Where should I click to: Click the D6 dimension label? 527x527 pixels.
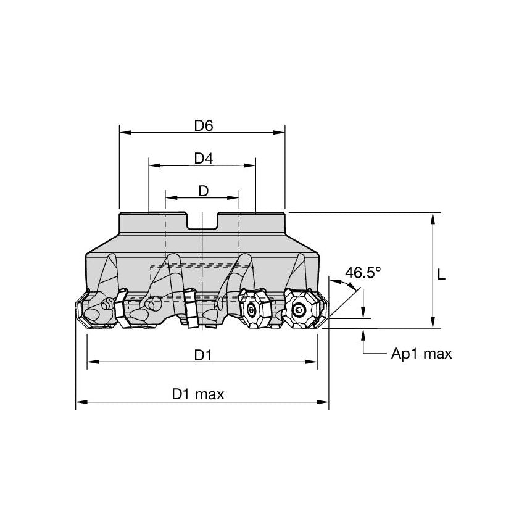(203, 125)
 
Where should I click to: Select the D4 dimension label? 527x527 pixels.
(203, 159)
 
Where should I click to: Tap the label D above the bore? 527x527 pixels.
(203, 191)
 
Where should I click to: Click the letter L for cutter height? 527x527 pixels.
(441, 276)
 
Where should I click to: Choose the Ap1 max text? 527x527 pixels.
(421, 354)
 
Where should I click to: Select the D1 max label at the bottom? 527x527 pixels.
(198, 394)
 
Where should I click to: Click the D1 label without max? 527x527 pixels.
(203, 355)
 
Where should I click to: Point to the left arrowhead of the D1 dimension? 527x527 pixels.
(91, 362)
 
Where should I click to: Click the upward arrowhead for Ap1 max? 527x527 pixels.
(364, 333)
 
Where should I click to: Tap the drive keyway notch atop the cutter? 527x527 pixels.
(202, 221)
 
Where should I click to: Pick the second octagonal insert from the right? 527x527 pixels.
(252, 310)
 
